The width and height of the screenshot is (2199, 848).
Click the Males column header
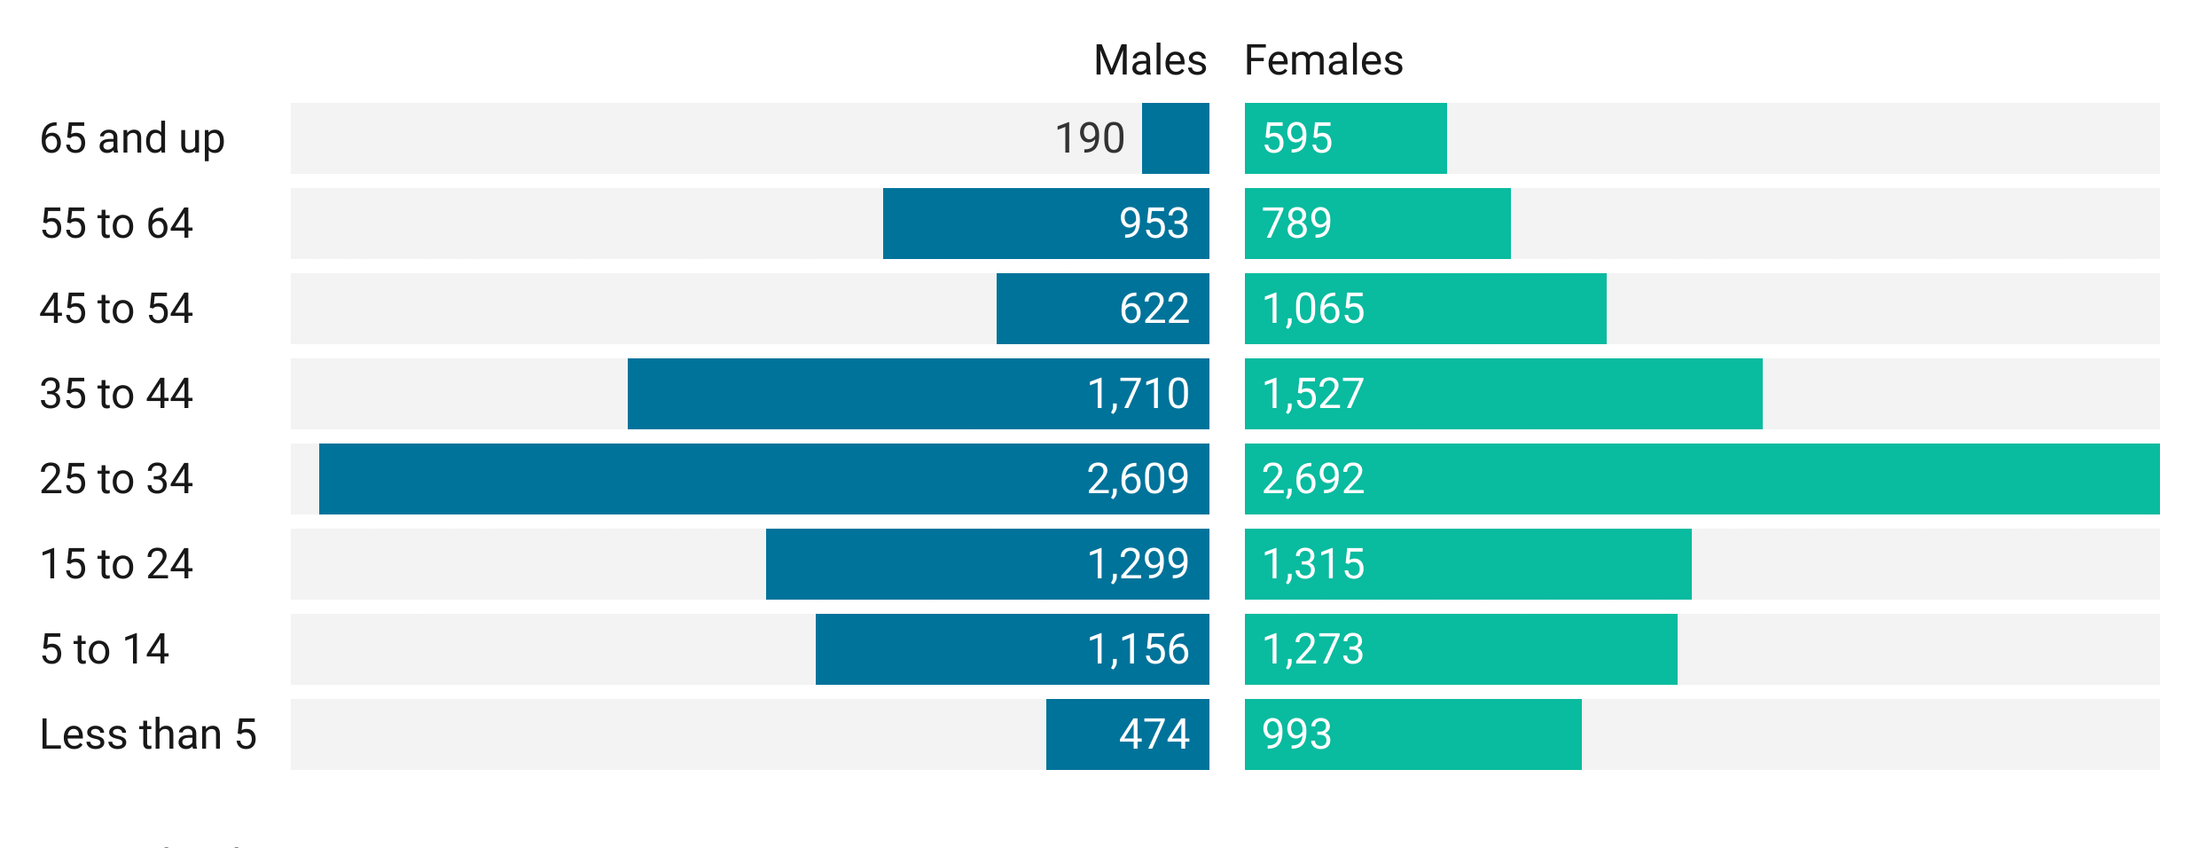click(1149, 60)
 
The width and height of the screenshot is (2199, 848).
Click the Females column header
click(1323, 60)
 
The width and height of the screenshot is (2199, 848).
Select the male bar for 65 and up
click(1175, 138)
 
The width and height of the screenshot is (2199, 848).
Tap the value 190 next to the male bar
click(1089, 138)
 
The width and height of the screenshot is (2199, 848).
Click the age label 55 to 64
click(116, 224)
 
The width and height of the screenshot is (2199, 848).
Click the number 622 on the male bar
click(1154, 309)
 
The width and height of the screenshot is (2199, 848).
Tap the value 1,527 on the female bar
click(1312, 394)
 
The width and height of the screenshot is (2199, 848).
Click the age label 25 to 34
click(116, 479)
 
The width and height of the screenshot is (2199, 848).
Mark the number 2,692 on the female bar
click(1312, 479)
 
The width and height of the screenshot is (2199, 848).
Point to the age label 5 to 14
click(105, 649)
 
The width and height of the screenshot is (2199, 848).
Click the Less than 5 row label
click(148, 734)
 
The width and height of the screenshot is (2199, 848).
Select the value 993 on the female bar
click(1296, 734)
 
